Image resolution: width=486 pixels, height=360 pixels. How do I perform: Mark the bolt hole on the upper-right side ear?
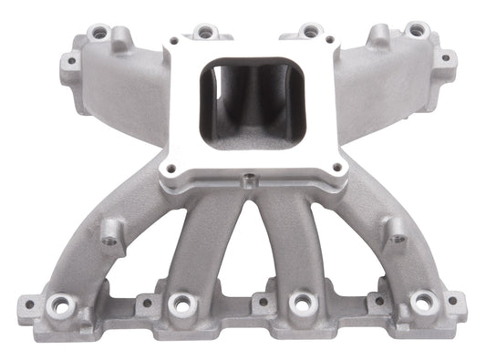(444, 57)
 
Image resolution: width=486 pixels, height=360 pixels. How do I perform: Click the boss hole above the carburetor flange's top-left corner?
(205, 31)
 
